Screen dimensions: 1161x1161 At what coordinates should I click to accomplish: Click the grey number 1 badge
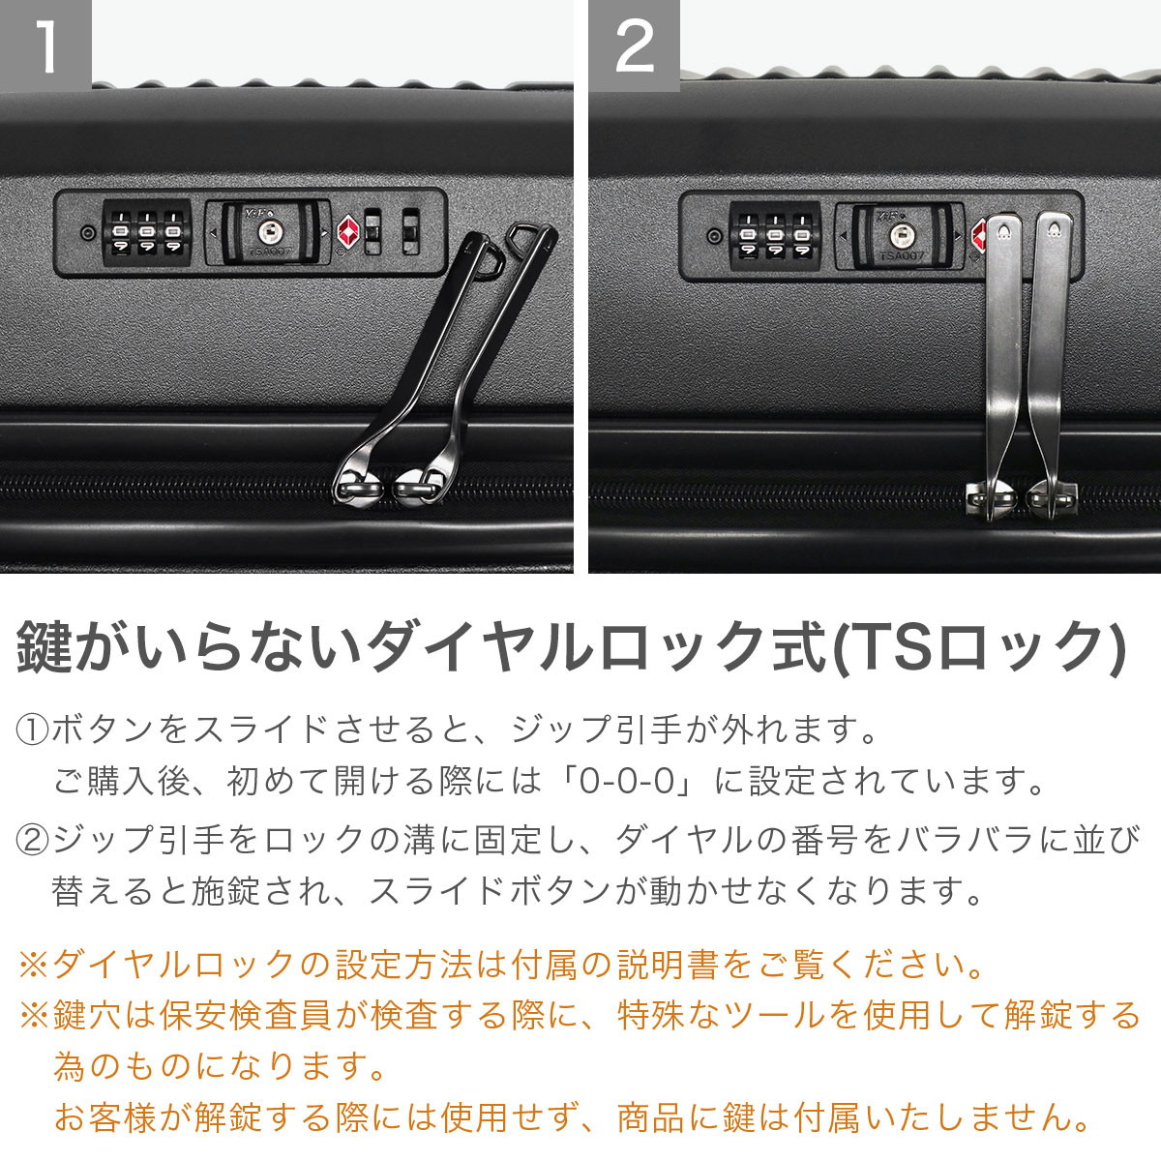point(45,45)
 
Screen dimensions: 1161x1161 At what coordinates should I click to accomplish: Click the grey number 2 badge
point(635,45)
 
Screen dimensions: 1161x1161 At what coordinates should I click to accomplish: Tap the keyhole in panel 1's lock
point(268,231)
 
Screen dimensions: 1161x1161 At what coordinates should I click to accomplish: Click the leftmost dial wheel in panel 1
point(121,232)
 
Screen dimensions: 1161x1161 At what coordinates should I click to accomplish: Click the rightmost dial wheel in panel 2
point(801,236)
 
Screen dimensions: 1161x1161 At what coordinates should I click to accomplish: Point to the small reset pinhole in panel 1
point(89,232)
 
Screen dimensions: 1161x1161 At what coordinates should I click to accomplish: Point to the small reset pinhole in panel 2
point(714,235)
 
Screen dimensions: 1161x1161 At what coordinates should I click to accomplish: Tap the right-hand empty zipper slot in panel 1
point(410,232)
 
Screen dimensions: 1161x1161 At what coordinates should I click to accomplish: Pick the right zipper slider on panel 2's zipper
point(1053,497)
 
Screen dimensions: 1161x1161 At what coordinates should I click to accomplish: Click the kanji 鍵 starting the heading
point(45,649)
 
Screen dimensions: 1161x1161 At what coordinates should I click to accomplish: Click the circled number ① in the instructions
point(32,729)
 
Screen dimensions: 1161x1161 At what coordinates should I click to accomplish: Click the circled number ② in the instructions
point(32,839)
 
